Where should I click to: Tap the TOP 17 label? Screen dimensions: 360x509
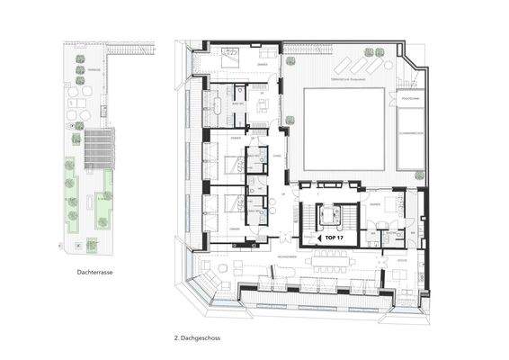pos(332,240)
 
